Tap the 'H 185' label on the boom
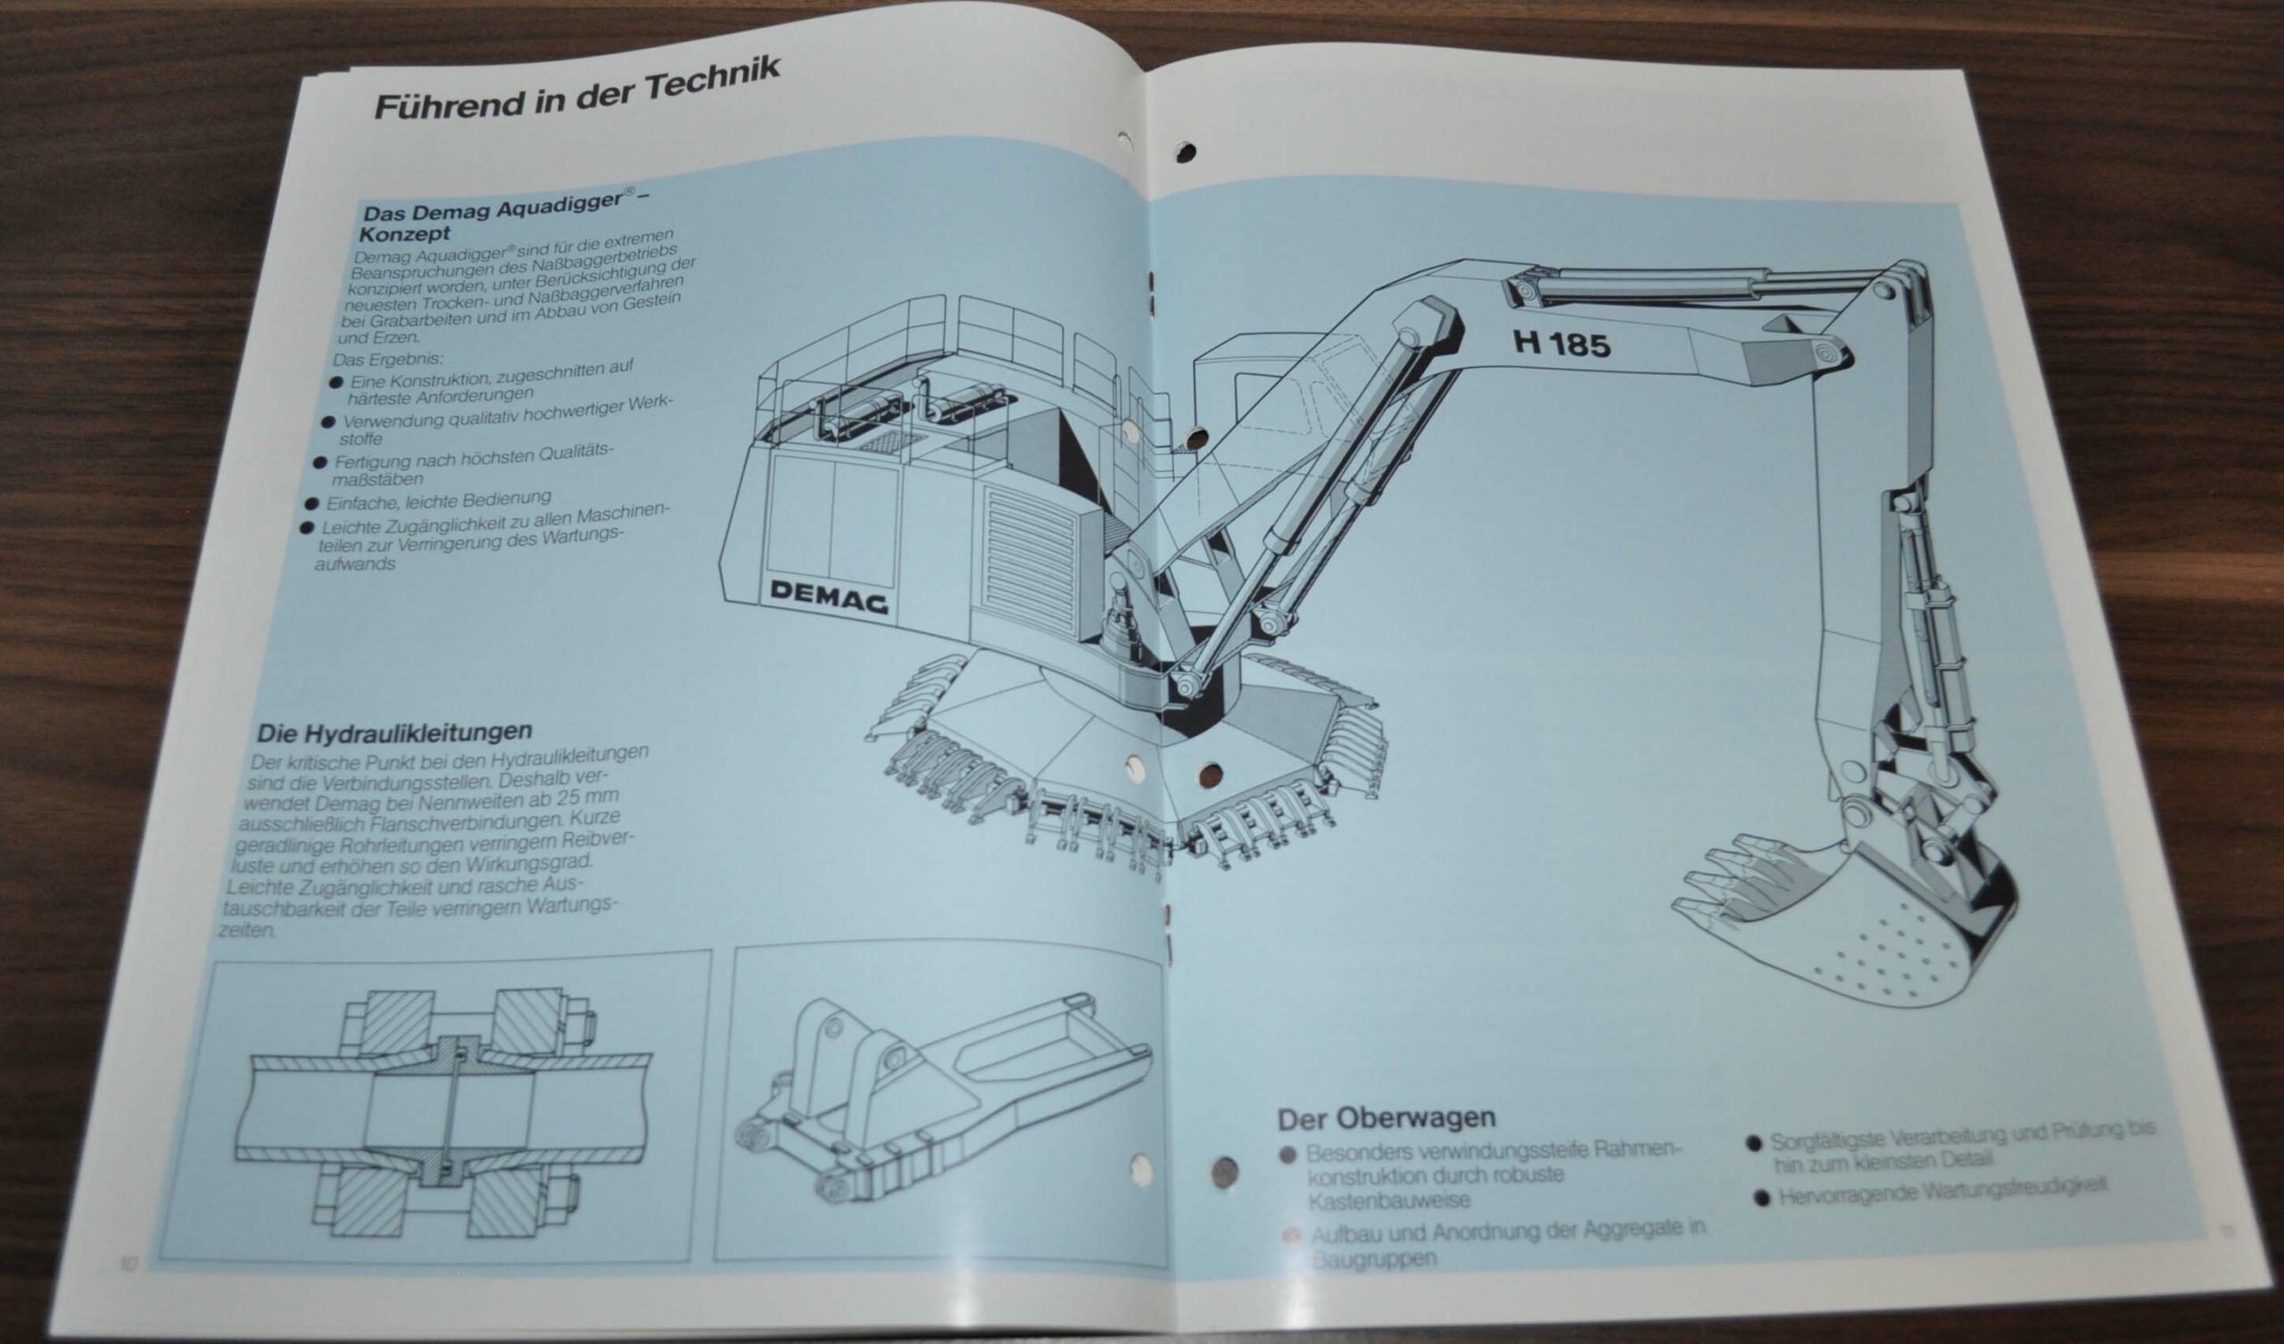click(1560, 344)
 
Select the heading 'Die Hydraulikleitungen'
click(394, 731)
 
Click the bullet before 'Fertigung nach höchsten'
click(319, 463)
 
